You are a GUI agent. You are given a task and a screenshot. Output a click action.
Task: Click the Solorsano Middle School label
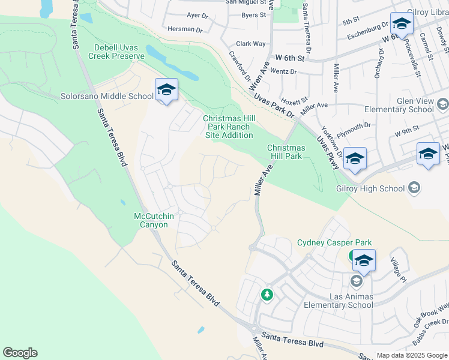pyautogui.click(x=107, y=96)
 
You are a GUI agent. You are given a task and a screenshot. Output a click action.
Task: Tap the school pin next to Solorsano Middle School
pyautogui.click(x=166, y=91)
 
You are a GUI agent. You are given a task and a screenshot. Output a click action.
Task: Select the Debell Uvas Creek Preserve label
pyautogui.click(x=119, y=52)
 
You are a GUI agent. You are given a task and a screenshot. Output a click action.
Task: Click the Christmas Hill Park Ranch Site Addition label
pyautogui.click(x=228, y=127)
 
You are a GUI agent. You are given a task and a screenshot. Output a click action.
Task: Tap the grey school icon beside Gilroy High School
pyautogui.click(x=414, y=188)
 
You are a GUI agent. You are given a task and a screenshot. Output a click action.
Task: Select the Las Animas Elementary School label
pyautogui.click(x=351, y=301)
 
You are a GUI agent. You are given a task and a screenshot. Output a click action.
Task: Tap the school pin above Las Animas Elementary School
pyautogui.click(x=364, y=262)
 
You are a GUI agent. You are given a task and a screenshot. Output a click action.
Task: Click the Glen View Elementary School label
pyautogui.click(x=399, y=106)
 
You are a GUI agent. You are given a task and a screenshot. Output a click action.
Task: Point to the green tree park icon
pyautogui.click(x=267, y=295)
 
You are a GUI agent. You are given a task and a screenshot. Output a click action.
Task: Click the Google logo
pyautogui.click(x=20, y=353)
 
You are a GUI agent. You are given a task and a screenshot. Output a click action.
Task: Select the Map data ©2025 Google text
pyautogui.click(x=411, y=355)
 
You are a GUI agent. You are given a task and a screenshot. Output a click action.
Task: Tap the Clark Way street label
pyautogui.click(x=251, y=44)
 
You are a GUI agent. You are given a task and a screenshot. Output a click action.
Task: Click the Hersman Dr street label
pyautogui.click(x=185, y=29)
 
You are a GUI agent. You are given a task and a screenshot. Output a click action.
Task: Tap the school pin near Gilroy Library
pyautogui.click(x=401, y=25)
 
